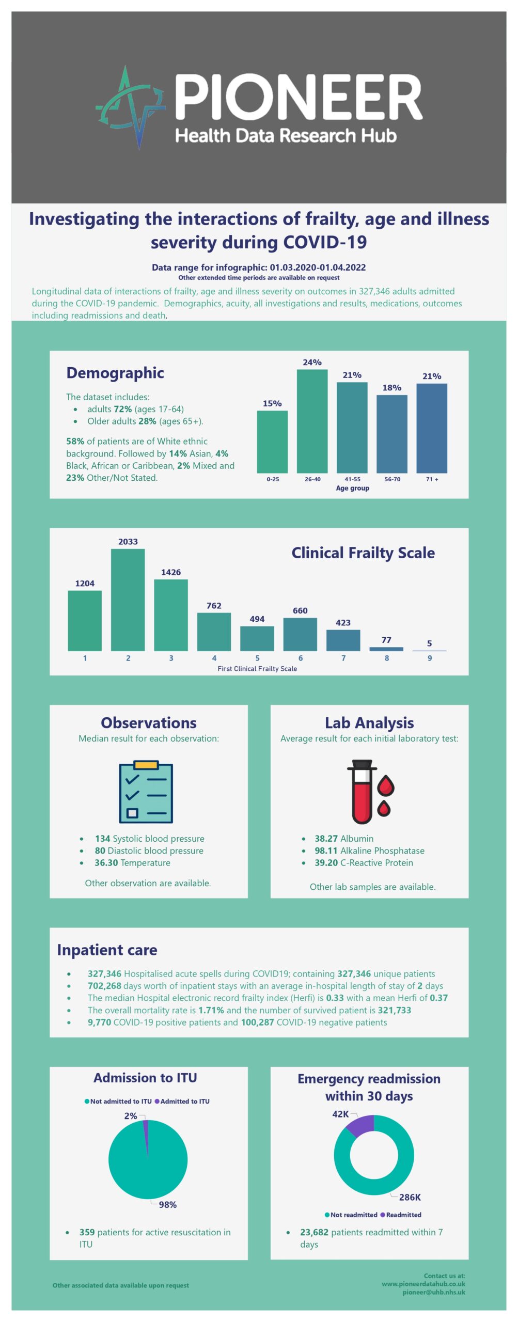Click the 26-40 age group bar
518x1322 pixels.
click(312, 420)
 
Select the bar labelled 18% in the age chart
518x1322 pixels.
click(391, 433)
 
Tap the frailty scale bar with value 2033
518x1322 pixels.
click(128, 599)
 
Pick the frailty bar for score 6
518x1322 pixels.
click(300, 634)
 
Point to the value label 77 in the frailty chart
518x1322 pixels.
click(386, 640)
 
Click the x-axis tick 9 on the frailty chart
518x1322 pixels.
click(429, 658)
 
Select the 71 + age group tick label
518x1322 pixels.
click(432, 479)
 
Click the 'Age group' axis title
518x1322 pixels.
click(352, 488)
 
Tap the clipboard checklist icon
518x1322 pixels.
click(146, 792)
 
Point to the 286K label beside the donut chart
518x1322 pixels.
click(410, 1197)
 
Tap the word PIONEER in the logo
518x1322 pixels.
click(299, 97)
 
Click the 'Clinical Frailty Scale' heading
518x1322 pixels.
click(363, 553)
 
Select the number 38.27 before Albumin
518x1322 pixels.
click(326, 839)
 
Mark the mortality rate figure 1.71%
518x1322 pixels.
click(211, 1010)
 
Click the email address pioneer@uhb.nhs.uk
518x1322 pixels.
click(433, 1292)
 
